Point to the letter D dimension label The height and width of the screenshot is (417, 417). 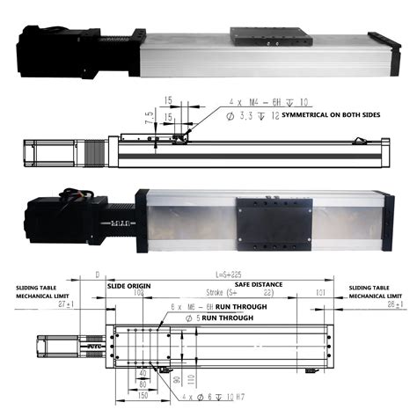96,274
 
